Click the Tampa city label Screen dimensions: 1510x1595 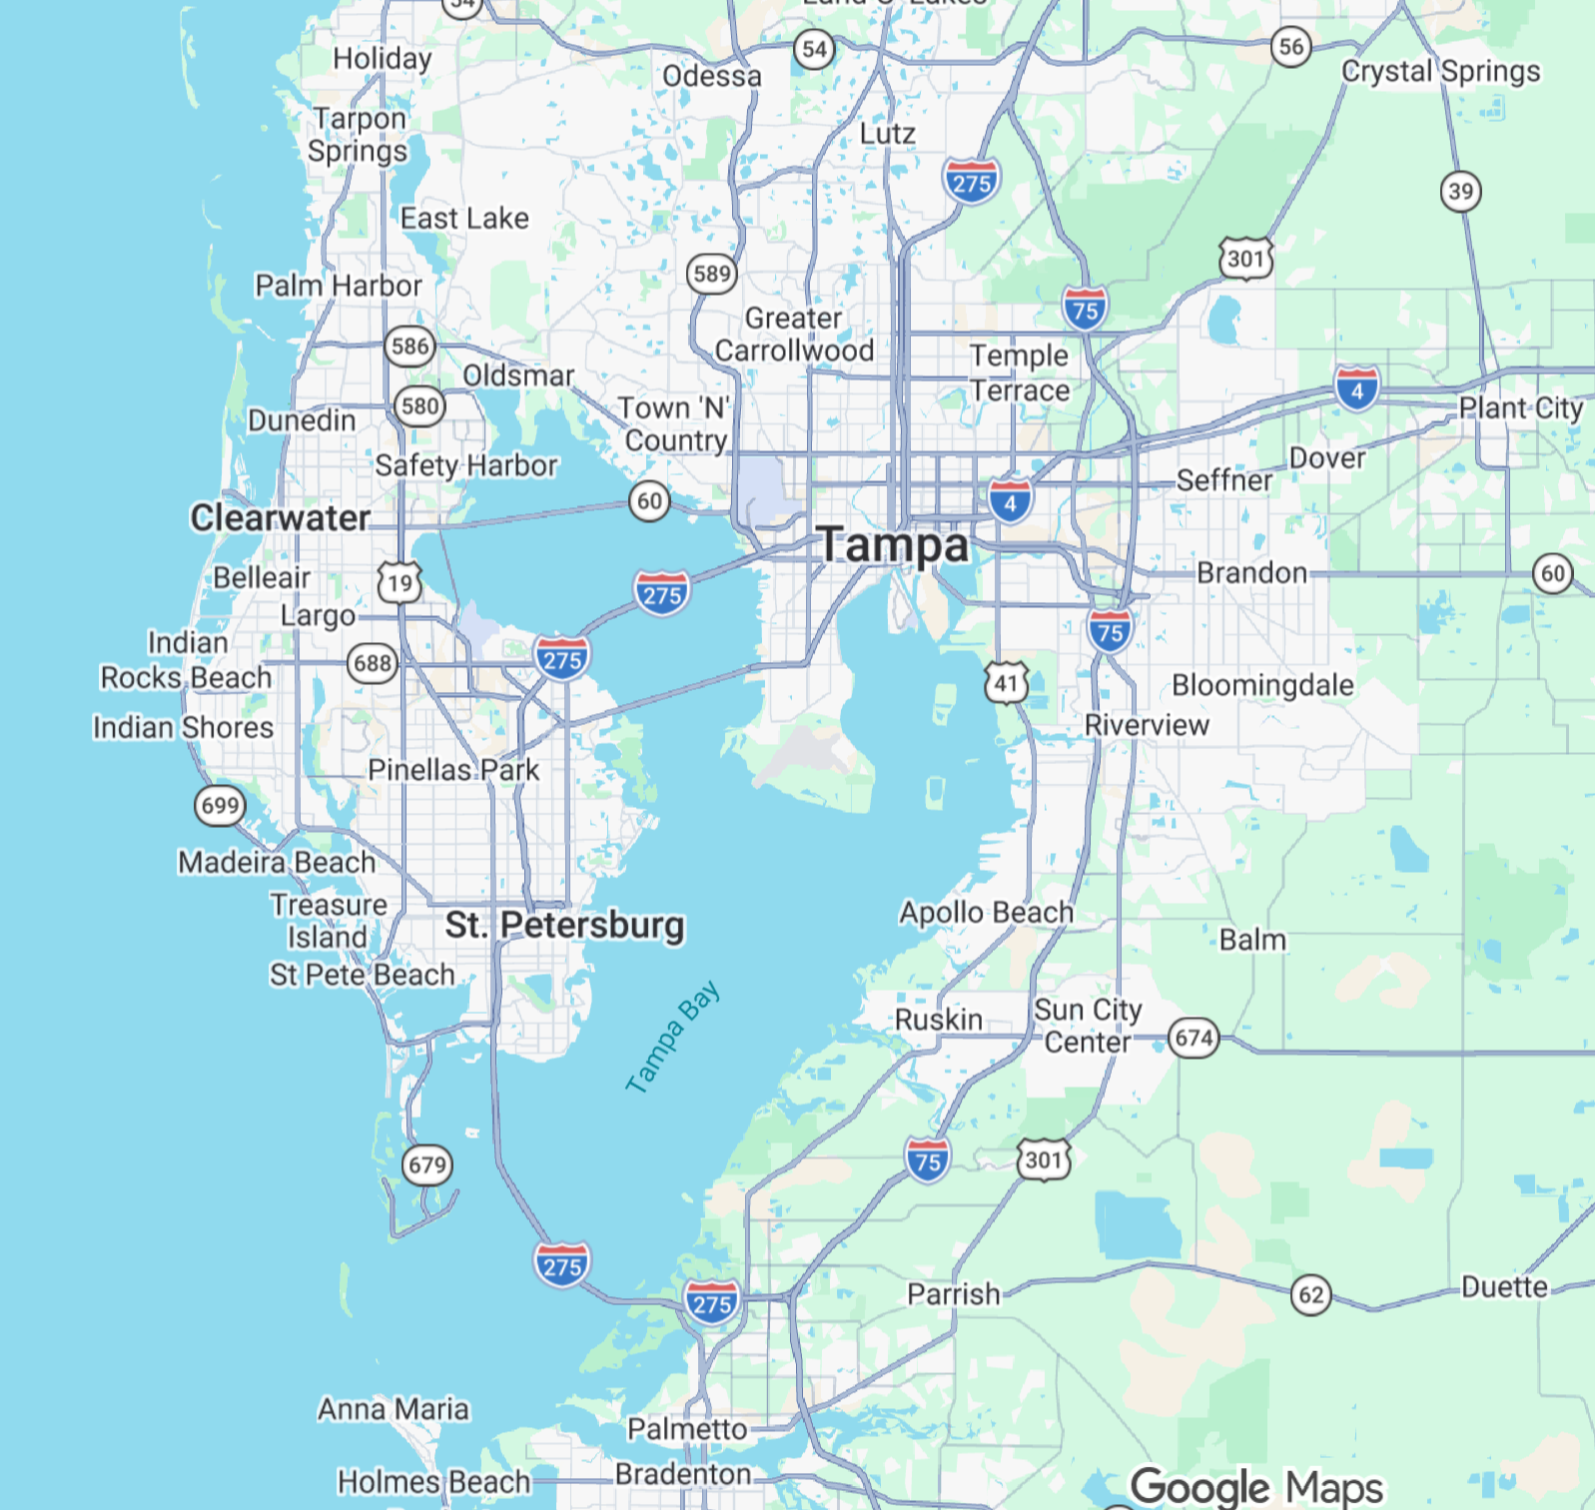(894, 545)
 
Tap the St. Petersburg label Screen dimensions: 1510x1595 (564, 925)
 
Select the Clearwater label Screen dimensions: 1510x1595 (280, 517)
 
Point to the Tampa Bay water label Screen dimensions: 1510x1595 (672, 1038)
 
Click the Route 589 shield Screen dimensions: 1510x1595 (711, 273)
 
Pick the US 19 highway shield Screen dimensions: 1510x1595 (399, 582)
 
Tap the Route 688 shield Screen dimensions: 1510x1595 (373, 663)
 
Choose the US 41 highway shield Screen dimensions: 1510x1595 (1006, 683)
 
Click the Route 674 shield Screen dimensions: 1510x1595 (1194, 1038)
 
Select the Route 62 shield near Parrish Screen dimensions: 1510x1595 (1311, 1295)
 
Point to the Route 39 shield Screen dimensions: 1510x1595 (1460, 191)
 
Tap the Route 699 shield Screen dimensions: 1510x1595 (220, 805)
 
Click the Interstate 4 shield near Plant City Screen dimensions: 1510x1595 (1356, 389)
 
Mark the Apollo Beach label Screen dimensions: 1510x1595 (986, 912)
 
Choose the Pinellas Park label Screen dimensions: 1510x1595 (453, 770)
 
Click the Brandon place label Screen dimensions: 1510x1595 (1251, 572)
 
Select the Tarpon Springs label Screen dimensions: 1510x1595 (359, 134)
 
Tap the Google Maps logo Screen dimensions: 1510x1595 (1256, 1487)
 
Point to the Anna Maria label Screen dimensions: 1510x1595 (393, 1408)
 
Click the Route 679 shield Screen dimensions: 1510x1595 (427, 1164)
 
